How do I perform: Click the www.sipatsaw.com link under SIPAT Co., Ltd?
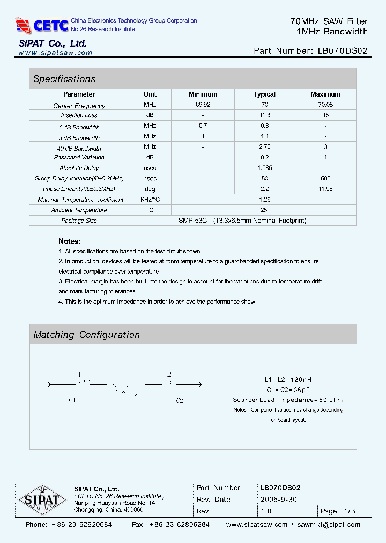(55, 53)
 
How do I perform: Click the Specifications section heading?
(64, 79)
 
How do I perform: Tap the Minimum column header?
(203, 94)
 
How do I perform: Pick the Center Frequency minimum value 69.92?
(203, 105)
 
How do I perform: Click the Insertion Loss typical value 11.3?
(264, 115)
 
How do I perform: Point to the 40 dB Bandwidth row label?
(79, 148)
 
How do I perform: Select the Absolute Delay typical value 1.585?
(264, 168)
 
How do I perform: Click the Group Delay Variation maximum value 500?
(325, 178)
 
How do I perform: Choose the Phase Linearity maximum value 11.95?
(325, 189)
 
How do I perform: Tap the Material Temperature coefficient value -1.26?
(264, 200)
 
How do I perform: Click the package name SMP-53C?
(192, 221)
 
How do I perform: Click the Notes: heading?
(70, 241)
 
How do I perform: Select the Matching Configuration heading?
(86, 335)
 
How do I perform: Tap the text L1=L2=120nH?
(287, 380)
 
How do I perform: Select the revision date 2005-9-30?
(278, 500)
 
